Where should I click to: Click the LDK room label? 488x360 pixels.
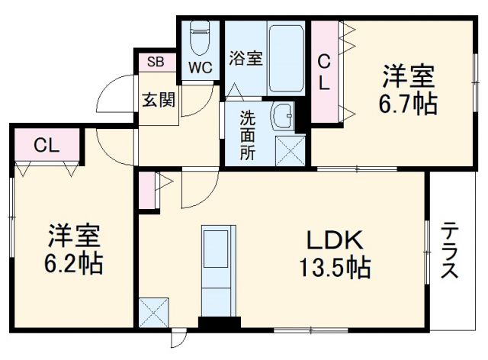[x=333, y=241]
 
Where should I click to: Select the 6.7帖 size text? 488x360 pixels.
[x=409, y=104]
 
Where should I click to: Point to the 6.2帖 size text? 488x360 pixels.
[x=74, y=263]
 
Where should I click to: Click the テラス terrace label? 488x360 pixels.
[x=450, y=250]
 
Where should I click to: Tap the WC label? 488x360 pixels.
[x=201, y=66]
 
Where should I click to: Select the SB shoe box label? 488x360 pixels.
[x=156, y=62]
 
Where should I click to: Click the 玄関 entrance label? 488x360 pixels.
[x=157, y=98]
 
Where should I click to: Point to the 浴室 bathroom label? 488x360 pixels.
[x=246, y=59]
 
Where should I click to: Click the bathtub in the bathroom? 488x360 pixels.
[x=286, y=58]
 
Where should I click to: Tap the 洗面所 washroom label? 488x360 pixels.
[x=248, y=135]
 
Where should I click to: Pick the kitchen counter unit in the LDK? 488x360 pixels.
[x=216, y=267]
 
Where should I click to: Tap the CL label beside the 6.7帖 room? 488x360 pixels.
[x=324, y=72]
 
